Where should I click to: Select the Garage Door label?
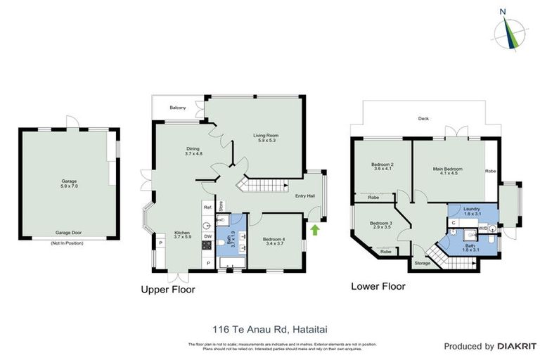[x=69, y=231]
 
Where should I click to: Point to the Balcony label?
[x=178, y=108]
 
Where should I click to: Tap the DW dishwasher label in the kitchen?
[x=207, y=236]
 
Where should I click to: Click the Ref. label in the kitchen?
[x=207, y=207]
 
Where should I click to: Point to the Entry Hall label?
[x=305, y=196]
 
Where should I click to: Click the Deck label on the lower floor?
[x=423, y=118]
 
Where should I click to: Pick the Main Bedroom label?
[x=447, y=169]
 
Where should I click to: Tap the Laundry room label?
[x=472, y=209]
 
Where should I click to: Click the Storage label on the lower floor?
[x=422, y=263]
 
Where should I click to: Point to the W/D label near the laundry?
[x=483, y=229]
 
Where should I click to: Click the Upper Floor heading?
[x=167, y=289]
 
